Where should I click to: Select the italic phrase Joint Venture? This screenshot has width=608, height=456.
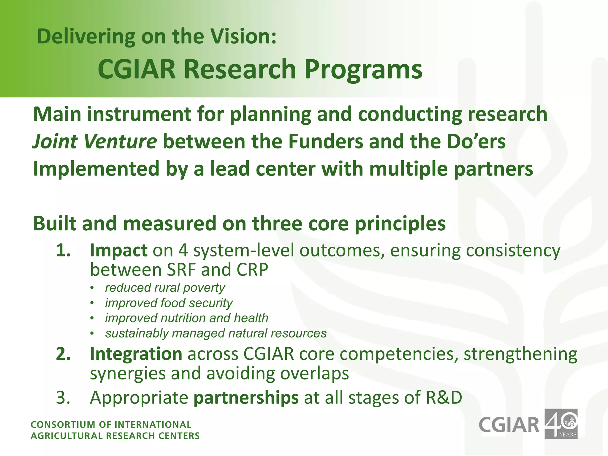pos(94,141)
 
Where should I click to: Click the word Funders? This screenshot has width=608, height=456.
pos(325,141)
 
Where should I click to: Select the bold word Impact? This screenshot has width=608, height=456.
pos(118,250)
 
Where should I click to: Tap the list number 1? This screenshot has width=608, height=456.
pos(63,250)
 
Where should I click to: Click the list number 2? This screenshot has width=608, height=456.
pos(63,354)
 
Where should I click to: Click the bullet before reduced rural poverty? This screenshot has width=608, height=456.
pos(92,288)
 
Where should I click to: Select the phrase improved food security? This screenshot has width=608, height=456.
pos(169,303)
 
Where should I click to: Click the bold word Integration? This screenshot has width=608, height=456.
pos(136,354)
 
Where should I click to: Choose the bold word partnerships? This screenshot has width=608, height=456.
pos(246,398)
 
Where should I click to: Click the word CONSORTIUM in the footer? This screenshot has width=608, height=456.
pos(64,425)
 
